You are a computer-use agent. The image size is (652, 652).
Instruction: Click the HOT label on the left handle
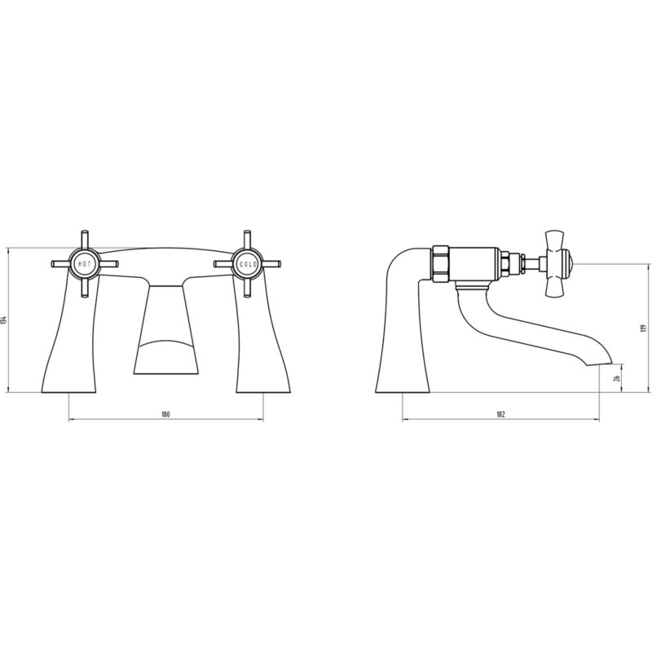click(x=85, y=264)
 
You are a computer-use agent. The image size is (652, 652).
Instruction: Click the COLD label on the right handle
click(x=249, y=264)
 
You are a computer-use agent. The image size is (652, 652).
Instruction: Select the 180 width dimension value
click(x=166, y=414)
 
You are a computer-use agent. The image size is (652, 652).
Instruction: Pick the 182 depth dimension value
click(x=500, y=414)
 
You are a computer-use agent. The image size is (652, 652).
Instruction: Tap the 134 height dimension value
click(x=4, y=319)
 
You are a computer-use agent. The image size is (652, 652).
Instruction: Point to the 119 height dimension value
click(x=644, y=328)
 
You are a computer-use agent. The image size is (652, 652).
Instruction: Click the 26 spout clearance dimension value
click(x=617, y=378)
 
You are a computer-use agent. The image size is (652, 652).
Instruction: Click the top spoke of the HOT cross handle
click(x=85, y=239)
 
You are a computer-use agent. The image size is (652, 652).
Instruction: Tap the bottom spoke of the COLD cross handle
click(x=248, y=289)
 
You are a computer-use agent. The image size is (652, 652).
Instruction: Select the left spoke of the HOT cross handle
click(x=60, y=264)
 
